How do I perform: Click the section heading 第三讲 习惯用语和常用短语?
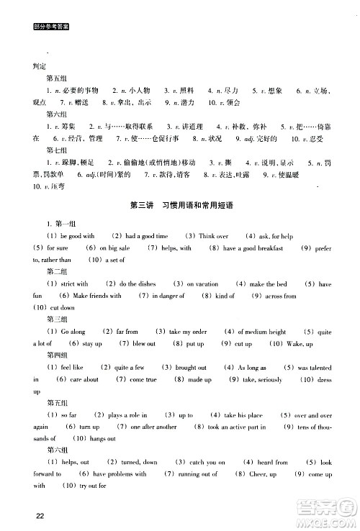click(179, 205)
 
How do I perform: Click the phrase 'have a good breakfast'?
click(253, 248)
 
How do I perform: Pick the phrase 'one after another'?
click(153, 427)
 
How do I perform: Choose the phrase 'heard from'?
click(272, 462)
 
